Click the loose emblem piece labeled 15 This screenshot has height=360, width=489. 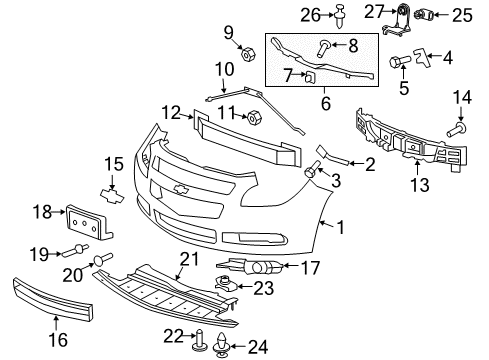113,190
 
